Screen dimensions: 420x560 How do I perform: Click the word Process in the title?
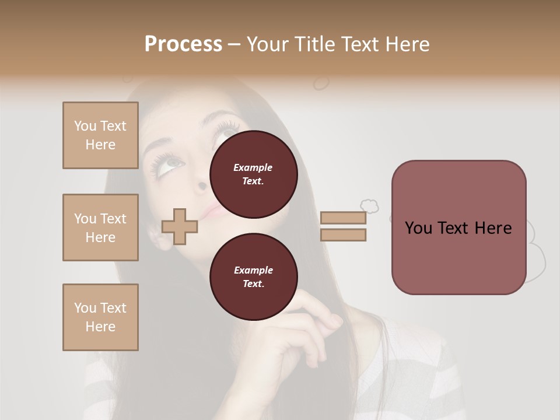183,44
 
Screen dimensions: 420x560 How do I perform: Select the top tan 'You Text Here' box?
100,135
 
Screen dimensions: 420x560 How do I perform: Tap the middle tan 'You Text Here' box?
100,228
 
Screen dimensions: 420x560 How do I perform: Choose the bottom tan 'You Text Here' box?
100,317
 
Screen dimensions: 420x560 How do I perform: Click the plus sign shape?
180,226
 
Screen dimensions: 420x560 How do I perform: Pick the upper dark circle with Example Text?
253,174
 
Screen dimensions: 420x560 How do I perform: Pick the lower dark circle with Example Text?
253,276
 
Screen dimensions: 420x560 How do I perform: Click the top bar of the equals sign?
343,218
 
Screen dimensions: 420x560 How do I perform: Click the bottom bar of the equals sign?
343,235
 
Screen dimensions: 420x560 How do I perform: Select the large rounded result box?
459,228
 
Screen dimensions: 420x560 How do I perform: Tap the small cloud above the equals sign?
369,205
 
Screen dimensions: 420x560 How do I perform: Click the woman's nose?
201,185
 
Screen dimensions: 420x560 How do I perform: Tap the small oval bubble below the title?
321,83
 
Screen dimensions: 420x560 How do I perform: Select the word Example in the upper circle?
253,167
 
